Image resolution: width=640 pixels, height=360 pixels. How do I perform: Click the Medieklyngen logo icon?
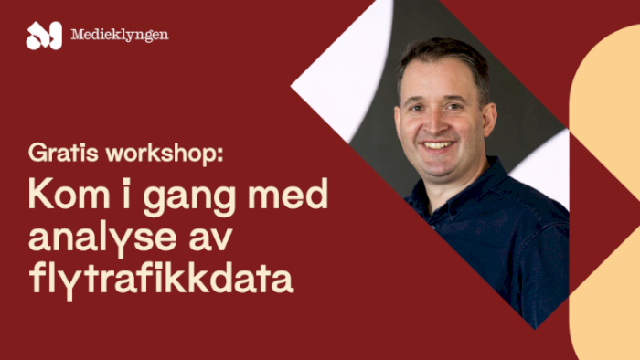43,36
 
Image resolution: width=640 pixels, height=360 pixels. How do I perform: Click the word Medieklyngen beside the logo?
119,36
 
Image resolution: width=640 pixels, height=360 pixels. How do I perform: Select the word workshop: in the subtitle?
163,153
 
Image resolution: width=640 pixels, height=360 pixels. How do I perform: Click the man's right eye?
417,103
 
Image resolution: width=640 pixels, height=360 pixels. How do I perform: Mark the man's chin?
439,165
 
